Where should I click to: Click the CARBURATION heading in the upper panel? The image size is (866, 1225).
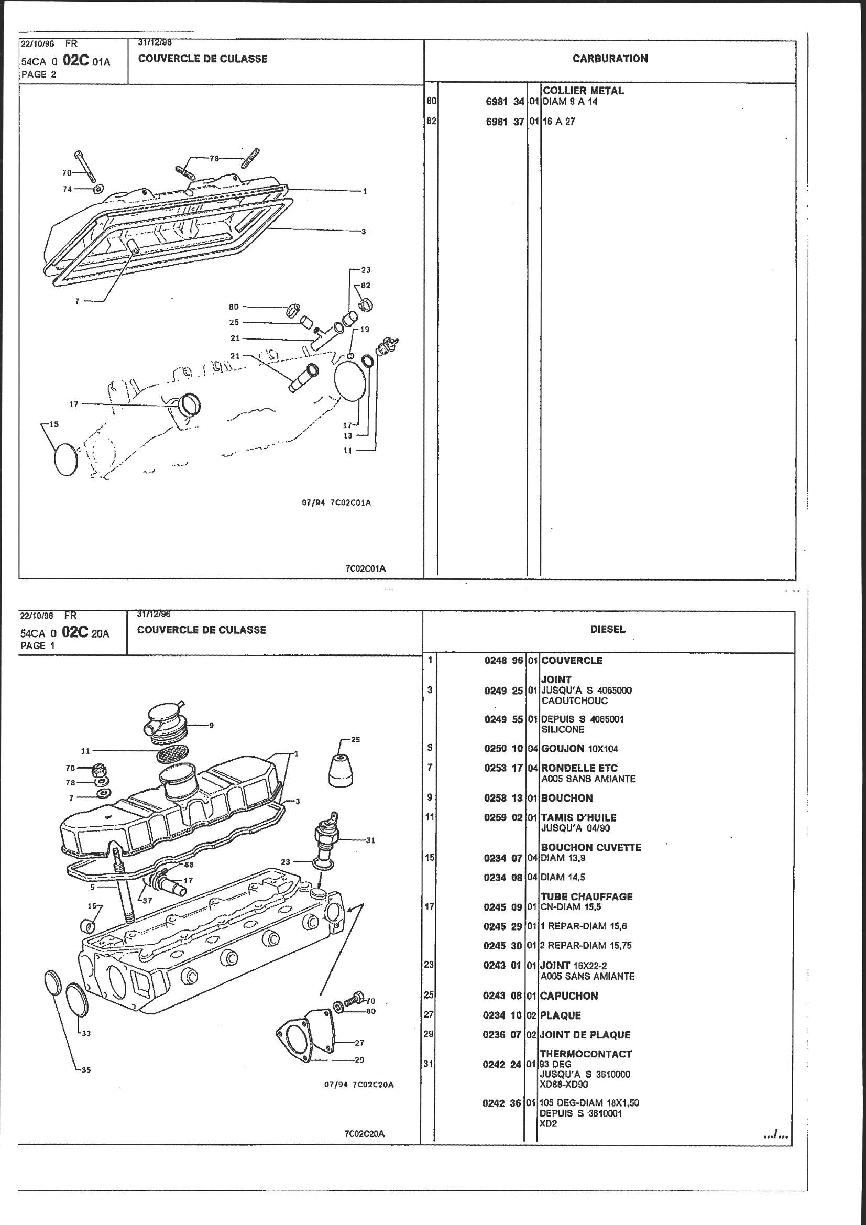[610, 59]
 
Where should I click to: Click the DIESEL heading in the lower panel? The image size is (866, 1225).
[607, 630]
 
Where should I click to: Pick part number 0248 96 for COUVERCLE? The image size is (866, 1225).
[503, 661]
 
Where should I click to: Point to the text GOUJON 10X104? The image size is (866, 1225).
[579, 749]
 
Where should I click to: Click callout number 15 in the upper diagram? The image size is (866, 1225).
[54, 425]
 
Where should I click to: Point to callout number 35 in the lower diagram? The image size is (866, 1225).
[86, 1070]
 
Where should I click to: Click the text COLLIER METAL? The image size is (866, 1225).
[583, 91]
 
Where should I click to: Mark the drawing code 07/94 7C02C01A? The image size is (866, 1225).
[337, 502]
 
